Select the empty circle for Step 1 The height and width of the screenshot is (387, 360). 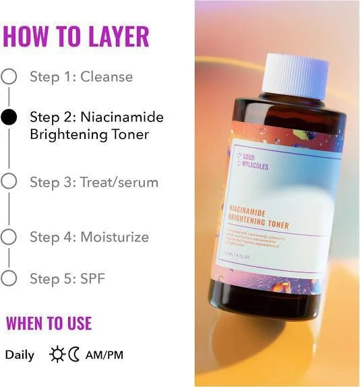click(9, 76)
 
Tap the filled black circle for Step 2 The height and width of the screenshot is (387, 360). click(9, 117)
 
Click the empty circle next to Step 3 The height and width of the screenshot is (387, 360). click(9, 181)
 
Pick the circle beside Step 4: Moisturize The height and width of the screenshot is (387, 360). click(9, 237)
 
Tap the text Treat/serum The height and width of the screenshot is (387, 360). click(119, 182)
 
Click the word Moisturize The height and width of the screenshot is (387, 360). click(115, 237)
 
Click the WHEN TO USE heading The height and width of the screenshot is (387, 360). click(49, 323)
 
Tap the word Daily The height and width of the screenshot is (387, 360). click(20, 355)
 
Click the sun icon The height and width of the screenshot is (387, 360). click(57, 355)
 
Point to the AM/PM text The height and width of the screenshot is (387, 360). click(104, 355)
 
